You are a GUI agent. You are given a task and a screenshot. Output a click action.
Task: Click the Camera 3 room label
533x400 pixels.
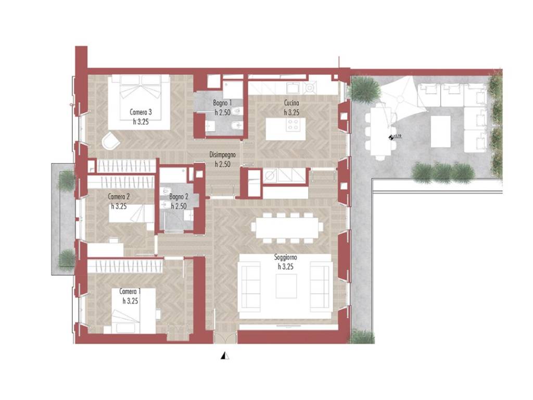coord(141,112)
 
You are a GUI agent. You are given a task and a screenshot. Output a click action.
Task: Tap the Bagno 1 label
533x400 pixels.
coord(223,103)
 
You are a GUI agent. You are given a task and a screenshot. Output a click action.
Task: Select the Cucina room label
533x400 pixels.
coord(291,103)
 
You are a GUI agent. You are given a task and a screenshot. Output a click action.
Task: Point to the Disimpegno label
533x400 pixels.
coord(223,155)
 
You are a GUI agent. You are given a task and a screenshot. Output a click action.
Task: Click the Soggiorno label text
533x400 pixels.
coord(286,257)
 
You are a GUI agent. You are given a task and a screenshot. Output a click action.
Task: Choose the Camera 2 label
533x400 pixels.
coord(119,196)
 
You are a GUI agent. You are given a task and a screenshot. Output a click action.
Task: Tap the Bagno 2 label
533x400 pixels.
coord(179,196)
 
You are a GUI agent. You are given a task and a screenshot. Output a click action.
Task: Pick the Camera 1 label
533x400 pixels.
coord(130,292)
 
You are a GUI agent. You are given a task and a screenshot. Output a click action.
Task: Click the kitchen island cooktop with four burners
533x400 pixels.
coord(294,124)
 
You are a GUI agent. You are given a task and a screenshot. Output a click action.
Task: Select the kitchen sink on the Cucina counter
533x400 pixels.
coord(293,87)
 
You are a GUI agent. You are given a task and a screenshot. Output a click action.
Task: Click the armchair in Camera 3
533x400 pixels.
coord(111,141)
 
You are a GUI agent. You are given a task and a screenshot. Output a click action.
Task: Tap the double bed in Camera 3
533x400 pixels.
coord(139,102)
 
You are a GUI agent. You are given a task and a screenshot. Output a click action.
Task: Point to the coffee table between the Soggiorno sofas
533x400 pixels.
coord(286,286)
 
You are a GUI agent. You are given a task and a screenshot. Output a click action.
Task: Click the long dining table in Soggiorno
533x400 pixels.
coord(287,228)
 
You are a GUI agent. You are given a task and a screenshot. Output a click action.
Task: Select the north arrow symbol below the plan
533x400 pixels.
coord(225,355)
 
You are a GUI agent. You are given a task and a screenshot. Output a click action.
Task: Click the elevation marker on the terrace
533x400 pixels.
coord(391,137)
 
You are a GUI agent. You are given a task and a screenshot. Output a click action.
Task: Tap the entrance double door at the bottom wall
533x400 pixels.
coord(225,337)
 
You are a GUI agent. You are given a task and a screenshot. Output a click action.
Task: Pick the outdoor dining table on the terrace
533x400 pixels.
coord(380,129)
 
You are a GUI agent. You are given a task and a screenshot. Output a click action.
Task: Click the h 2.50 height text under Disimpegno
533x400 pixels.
coord(223,164)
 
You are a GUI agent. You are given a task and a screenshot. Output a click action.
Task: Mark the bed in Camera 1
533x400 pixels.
coord(134,311)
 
